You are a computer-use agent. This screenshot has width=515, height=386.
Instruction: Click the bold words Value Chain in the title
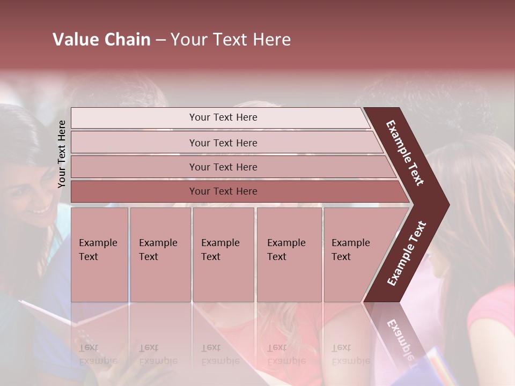(x=101, y=40)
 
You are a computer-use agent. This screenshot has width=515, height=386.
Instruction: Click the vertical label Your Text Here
(x=62, y=154)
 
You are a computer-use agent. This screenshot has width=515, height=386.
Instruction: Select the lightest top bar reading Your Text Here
(x=223, y=117)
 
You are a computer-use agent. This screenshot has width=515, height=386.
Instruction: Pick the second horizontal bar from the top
(x=223, y=143)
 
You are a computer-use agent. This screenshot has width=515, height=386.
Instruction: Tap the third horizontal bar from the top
(x=223, y=167)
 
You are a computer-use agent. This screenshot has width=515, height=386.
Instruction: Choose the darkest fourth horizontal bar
(x=223, y=191)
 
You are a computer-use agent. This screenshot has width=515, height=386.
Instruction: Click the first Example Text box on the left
(x=99, y=254)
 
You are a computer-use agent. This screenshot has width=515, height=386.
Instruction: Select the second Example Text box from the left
(x=160, y=254)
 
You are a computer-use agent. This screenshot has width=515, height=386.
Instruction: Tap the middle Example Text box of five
(x=223, y=254)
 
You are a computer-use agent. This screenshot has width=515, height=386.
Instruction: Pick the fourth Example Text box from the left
(x=289, y=254)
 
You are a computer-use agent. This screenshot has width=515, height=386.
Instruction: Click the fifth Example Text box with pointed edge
(x=354, y=254)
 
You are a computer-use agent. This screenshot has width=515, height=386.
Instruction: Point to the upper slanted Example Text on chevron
(x=405, y=153)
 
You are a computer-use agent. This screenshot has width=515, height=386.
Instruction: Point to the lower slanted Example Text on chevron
(x=406, y=253)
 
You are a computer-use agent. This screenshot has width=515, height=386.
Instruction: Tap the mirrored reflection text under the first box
(x=98, y=354)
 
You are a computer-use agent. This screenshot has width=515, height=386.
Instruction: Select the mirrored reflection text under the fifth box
(x=351, y=354)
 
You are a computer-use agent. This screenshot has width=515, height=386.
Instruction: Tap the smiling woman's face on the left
(x=30, y=198)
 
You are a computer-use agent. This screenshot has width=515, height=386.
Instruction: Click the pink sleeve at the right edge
(x=494, y=311)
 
